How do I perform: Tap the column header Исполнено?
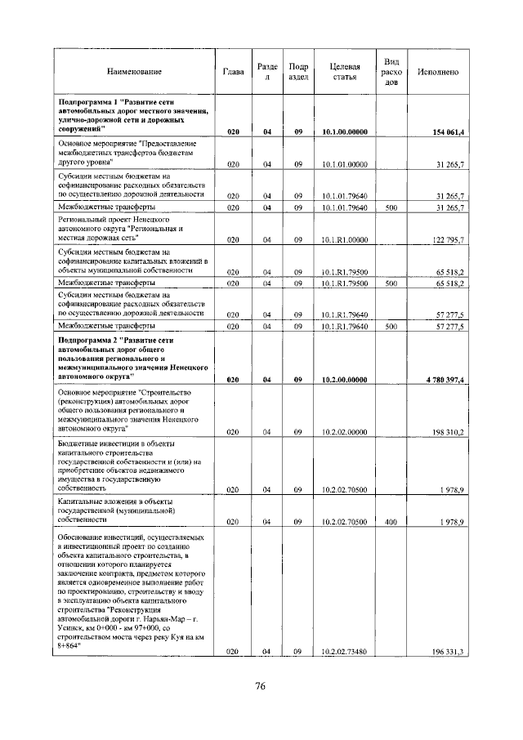click(x=437, y=73)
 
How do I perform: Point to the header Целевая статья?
click(x=344, y=73)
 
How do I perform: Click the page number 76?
click(x=261, y=685)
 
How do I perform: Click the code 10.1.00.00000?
click(x=344, y=132)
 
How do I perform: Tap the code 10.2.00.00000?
click(x=344, y=380)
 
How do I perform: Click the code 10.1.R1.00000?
click(x=344, y=239)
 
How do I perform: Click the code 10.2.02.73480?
click(x=344, y=651)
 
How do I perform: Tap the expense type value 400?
click(x=391, y=520)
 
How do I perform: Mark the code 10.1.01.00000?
click(x=344, y=164)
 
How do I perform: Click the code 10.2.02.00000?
click(x=344, y=431)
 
